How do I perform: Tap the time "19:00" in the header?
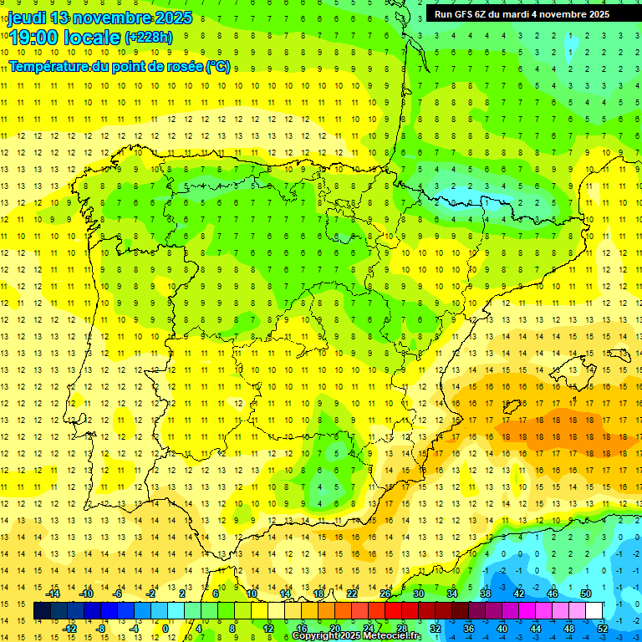point(35,37)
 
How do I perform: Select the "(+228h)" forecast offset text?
point(148,38)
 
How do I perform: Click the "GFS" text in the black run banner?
point(466,14)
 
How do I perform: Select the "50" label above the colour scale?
point(586,594)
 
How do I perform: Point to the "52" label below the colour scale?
point(603,629)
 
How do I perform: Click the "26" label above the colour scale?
point(385,594)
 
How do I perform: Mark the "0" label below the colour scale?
point(166,629)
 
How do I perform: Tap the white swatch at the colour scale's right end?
point(594,611)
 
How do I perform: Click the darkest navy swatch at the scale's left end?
point(43,611)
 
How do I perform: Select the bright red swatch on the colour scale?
point(394,611)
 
